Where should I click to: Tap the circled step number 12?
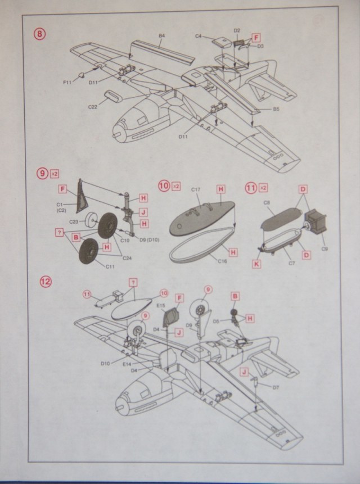click(45, 280)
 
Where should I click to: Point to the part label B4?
click(161, 36)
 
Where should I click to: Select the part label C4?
click(198, 36)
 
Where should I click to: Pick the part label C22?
click(94, 106)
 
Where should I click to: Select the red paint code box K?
click(256, 262)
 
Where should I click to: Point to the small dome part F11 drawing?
click(81, 74)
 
